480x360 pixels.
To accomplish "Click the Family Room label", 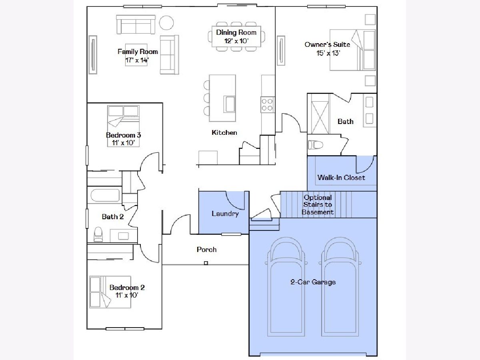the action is point(138,52).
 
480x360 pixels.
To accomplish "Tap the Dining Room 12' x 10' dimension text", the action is point(236,41).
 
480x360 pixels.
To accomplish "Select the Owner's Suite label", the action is point(327,44).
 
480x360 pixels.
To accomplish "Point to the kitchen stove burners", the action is point(267,104).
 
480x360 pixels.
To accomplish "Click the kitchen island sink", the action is point(229,104).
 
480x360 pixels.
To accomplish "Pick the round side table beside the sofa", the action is point(166,23).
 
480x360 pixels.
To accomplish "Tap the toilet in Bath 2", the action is point(98,234).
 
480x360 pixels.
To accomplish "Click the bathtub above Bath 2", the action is point(105,195).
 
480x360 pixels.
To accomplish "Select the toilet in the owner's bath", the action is point(316,145).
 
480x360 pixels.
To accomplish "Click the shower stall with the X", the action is point(320,117).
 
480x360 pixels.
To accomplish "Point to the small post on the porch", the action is point(206,263).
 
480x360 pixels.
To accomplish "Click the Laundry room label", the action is point(225,214).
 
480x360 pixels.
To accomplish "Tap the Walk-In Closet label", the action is point(341,177).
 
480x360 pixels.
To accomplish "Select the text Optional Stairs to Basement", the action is point(318,205).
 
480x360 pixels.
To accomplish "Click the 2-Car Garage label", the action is point(313,282).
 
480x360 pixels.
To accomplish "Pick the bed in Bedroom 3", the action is point(123,126).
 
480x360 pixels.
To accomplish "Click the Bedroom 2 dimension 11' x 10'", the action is point(127,295).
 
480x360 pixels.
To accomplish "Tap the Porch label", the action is point(207,249).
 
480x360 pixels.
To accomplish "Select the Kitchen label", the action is point(224,132).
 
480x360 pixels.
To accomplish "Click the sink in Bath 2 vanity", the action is point(124,236).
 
